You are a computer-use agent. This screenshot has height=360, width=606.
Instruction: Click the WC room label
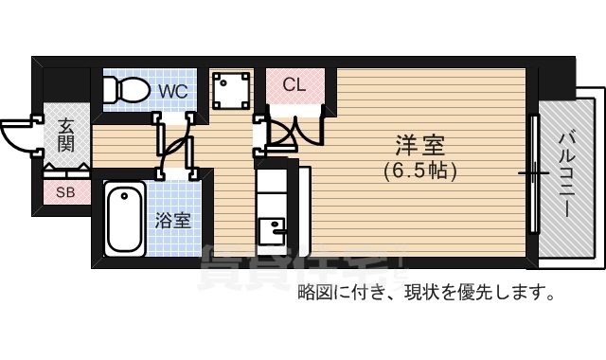172,91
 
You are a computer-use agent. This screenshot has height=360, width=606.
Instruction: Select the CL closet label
294,84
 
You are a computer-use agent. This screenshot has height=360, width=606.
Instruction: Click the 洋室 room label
420,147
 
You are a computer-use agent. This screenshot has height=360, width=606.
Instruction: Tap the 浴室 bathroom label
173,222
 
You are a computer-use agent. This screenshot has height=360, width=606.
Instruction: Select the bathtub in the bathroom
124,220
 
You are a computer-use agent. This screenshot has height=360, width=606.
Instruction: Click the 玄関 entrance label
65,135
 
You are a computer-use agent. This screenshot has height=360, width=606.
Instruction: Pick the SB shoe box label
65,193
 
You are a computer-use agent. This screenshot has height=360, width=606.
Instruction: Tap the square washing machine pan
230,91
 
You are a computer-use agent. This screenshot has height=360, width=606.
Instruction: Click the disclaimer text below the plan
426,292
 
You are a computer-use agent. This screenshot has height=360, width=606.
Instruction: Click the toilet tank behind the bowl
110,90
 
